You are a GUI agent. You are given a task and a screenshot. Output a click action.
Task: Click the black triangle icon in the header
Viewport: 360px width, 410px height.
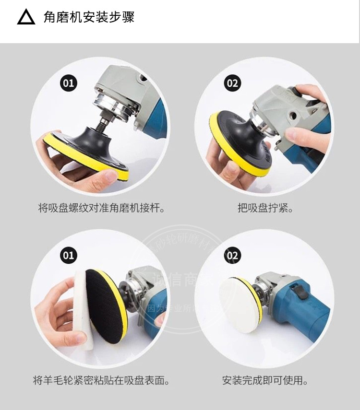(26, 17)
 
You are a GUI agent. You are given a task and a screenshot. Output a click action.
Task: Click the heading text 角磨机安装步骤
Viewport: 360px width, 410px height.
(89, 17)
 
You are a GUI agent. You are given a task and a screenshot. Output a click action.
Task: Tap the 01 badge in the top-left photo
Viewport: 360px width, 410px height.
(69, 83)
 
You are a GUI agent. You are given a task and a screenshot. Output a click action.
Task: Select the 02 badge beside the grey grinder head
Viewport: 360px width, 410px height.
(232, 83)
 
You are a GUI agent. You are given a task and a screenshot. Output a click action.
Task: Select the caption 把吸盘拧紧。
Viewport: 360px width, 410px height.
(265, 209)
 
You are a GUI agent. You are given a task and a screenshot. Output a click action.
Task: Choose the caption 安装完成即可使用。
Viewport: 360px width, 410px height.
(265, 381)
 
